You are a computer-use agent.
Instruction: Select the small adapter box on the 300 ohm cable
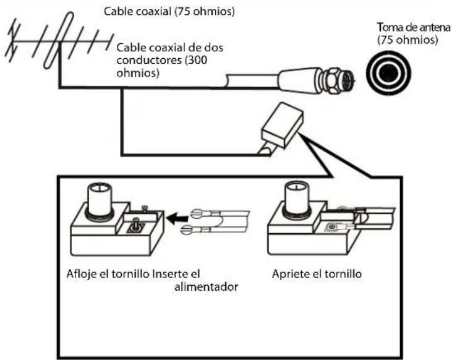click(x=281, y=127)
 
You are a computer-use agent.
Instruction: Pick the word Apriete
click(x=289, y=274)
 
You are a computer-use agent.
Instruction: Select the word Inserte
click(x=170, y=274)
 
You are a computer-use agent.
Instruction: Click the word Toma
click(x=390, y=28)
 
